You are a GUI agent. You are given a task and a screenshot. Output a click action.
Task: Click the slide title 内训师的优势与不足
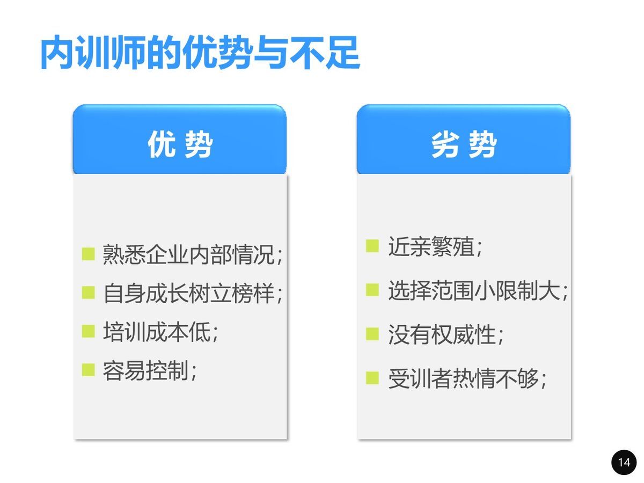(x=200, y=53)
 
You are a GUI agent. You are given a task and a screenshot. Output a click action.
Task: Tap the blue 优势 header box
(x=179, y=141)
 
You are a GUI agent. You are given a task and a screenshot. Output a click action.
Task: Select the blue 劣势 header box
(x=463, y=141)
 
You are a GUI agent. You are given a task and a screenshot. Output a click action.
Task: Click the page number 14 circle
(x=624, y=462)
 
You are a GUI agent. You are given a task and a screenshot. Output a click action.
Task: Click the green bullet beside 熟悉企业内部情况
(x=88, y=253)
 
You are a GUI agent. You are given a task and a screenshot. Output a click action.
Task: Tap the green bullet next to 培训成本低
(x=88, y=331)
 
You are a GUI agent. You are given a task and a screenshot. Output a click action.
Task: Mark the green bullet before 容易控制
(x=88, y=369)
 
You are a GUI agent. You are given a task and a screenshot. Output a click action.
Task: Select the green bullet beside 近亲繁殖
(x=372, y=246)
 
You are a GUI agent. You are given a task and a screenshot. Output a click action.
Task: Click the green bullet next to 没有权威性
(x=372, y=334)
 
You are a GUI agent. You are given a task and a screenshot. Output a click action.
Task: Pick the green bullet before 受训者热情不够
(x=372, y=378)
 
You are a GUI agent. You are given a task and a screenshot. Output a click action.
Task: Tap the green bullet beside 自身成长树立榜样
(x=88, y=292)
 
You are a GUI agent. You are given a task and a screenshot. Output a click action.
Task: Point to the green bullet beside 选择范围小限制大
(x=372, y=290)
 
